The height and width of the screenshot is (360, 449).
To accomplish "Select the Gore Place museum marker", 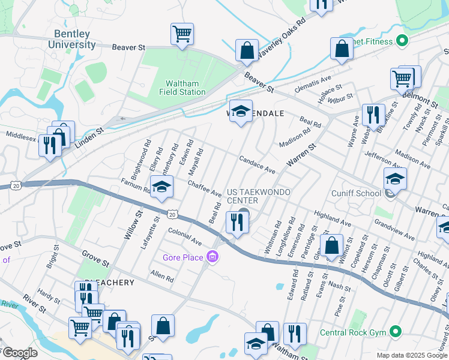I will [211, 257].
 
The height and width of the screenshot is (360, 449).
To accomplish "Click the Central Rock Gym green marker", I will [395, 331].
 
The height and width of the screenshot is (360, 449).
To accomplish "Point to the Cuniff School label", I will [356, 193].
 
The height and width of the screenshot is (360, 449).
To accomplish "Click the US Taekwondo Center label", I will [258, 196].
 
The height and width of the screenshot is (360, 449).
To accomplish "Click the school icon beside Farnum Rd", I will [161, 187].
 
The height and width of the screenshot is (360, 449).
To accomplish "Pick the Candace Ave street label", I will [257, 165].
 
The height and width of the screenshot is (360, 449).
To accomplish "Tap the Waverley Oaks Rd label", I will [282, 38].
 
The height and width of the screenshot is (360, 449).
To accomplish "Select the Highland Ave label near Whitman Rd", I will [332, 218].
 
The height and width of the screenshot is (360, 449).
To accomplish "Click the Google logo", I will [19, 353].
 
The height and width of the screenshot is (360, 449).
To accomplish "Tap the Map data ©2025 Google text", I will [411, 355].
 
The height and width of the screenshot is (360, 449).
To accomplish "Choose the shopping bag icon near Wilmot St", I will [331, 245].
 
